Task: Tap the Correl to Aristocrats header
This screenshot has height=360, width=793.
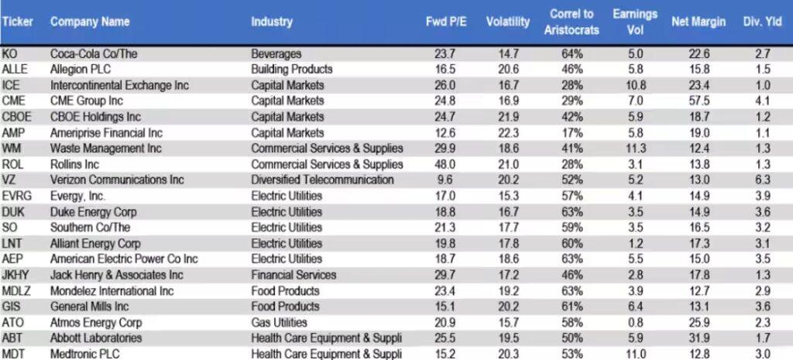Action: click(571, 22)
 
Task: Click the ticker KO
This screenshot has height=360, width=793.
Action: click(10, 53)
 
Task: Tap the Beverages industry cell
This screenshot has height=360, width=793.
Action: click(276, 53)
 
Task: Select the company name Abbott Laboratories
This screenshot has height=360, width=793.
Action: click(96, 338)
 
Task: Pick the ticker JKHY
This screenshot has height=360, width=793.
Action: click(15, 275)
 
